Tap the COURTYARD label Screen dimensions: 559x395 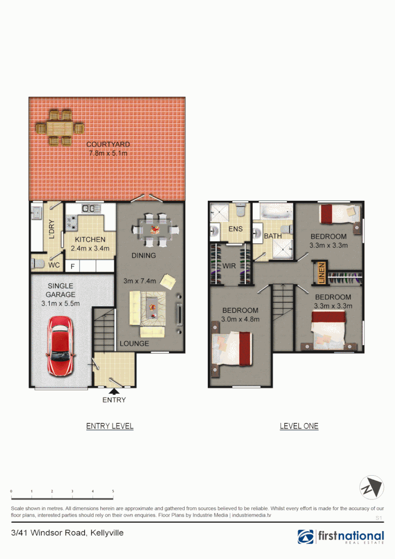coord(108,144)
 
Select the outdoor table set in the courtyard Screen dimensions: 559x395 coord(59,127)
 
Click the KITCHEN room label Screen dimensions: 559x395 coord(90,240)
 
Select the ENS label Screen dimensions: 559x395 coord(236,229)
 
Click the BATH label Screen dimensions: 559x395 coord(272,236)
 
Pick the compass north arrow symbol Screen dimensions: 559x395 coord(372,488)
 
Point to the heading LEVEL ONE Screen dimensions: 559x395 coord(299,426)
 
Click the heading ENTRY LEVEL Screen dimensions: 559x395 coord(110,426)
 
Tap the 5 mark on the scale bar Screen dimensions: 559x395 coord(113,491)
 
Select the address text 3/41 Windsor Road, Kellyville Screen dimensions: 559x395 coord(67,533)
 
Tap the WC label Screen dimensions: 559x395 coord(54,265)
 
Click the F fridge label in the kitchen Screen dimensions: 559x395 coord(72,267)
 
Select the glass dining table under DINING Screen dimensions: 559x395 coord(155,229)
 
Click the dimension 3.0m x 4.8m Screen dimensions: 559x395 coord(240,319)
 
